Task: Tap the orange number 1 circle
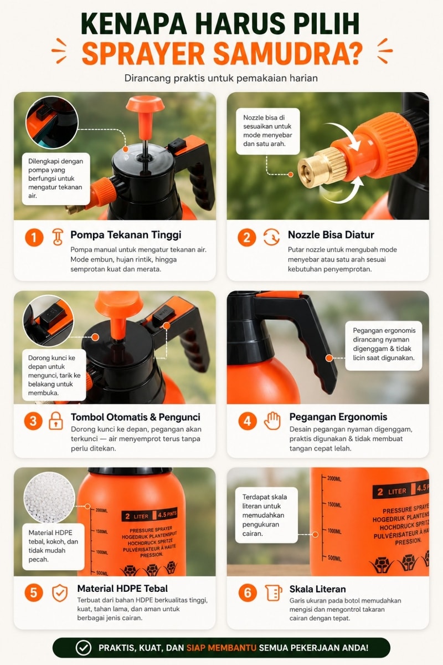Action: pos(34,238)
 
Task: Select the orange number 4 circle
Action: pos(247,421)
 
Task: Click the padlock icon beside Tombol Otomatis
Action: pos(56,421)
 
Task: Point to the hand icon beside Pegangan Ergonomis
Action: pos(272,421)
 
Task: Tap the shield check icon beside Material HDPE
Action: pos(60,593)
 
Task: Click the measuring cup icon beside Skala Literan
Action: pos(274,593)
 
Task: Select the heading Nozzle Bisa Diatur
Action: pos(331,235)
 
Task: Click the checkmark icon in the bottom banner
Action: pos(84,647)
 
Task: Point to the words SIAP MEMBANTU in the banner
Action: pos(221,647)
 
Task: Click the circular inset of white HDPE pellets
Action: pos(49,497)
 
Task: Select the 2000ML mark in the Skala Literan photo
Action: pos(334,479)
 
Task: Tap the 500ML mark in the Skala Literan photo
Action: pos(334,558)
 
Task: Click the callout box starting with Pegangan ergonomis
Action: pos(384,346)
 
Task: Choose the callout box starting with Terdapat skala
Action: pos(266,515)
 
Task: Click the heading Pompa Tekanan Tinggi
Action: pos(126,235)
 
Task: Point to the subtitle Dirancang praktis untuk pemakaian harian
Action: pos(221,78)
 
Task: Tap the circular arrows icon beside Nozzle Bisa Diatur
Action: pos(271,237)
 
